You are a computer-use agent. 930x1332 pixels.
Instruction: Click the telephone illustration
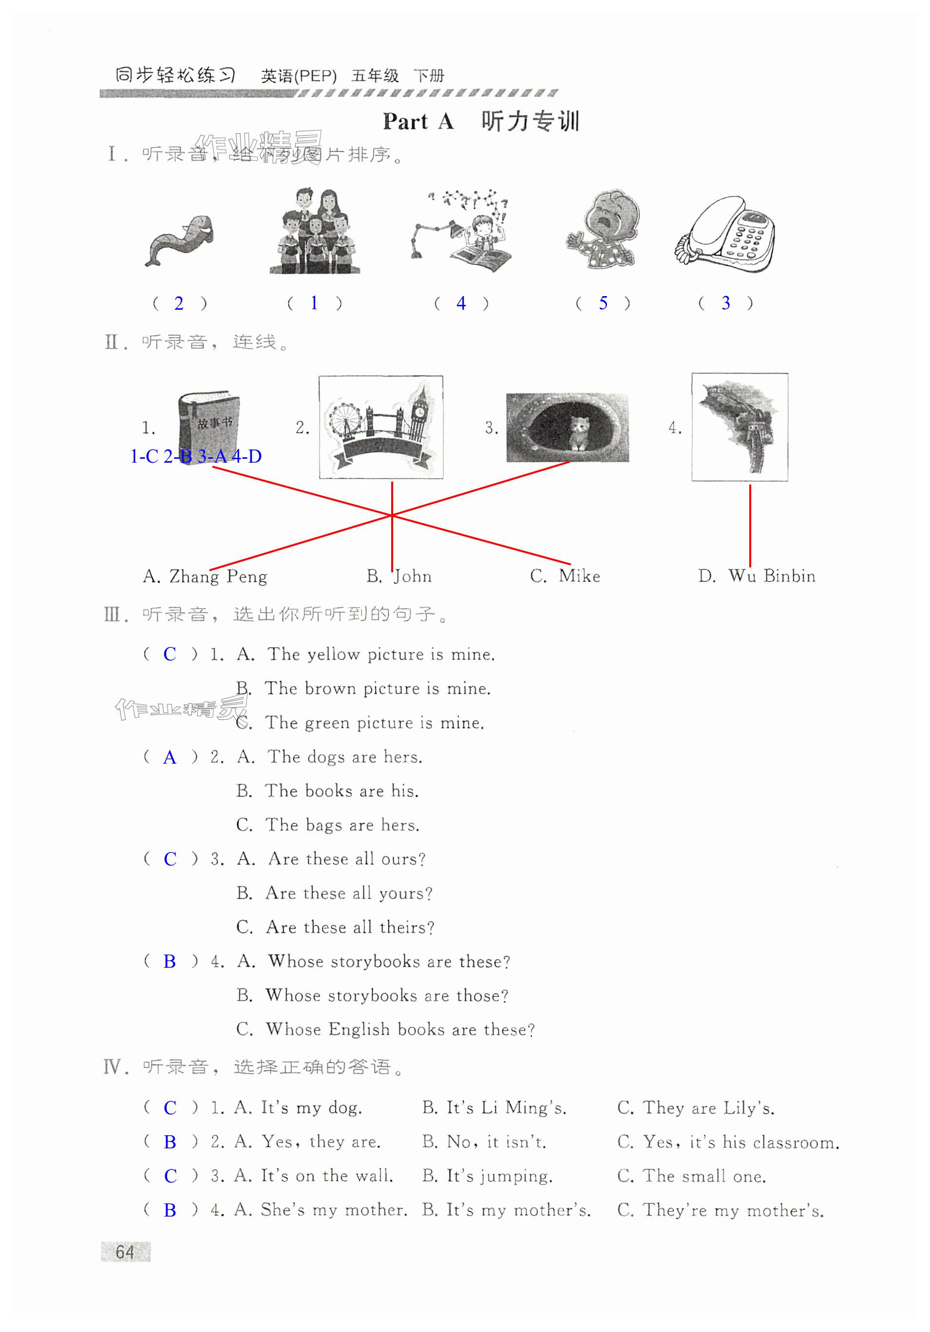click(725, 235)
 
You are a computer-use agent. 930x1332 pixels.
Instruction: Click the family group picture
click(314, 232)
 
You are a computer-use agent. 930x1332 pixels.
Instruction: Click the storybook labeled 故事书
click(209, 424)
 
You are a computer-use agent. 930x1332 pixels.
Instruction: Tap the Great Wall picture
click(739, 427)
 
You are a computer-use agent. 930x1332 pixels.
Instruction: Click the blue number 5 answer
click(603, 303)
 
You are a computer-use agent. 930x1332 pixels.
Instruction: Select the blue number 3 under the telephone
click(725, 303)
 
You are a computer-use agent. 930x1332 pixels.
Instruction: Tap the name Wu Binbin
click(772, 576)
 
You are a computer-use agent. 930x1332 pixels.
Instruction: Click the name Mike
click(579, 576)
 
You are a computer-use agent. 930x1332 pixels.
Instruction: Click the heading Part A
click(418, 122)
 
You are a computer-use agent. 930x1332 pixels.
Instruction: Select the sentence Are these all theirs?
click(350, 927)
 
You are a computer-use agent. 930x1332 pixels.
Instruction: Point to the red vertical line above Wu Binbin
click(750, 525)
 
